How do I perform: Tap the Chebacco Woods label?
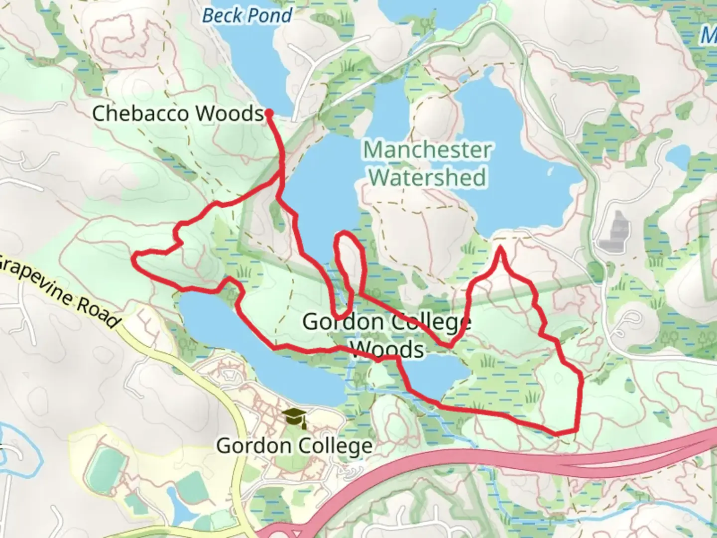tap(177, 114)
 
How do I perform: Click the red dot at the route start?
tap(269, 113)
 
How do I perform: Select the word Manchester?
tap(427, 150)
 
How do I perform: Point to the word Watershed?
tap(428, 177)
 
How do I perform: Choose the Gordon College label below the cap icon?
tap(294, 445)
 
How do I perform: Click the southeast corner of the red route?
tap(576, 428)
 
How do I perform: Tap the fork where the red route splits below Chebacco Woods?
tap(282, 180)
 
